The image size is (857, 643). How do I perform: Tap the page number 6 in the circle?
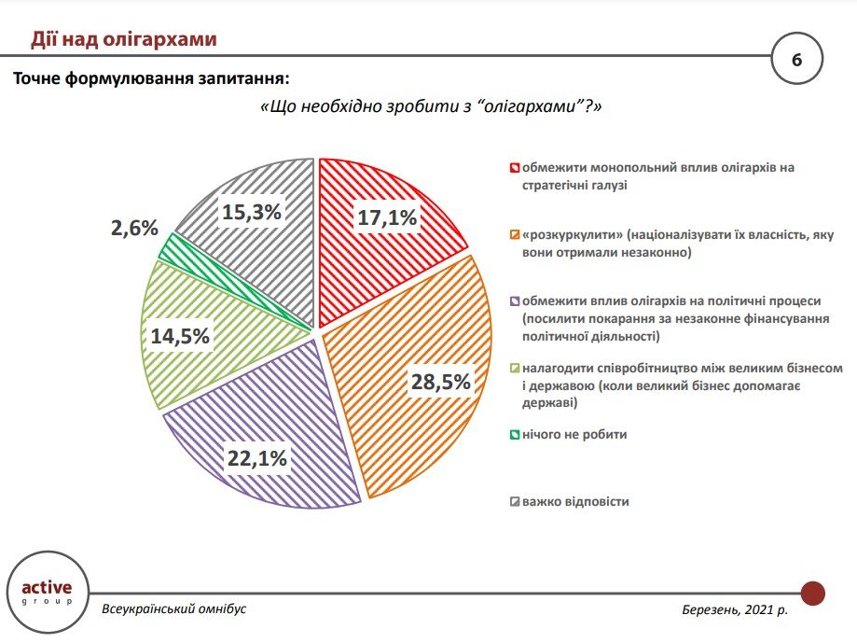[x=796, y=60]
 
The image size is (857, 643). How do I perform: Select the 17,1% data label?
[x=386, y=218]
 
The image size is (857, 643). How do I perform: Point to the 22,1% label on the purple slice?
[x=256, y=457]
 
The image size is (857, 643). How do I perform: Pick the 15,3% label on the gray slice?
[x=252, y=212]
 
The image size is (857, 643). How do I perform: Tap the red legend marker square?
[x=514, y=169]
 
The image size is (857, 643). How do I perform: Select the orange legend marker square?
[x=514, y=235]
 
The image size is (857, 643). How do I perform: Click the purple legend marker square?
[x=514, y=302]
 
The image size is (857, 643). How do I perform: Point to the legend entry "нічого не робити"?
[x=574, y=435]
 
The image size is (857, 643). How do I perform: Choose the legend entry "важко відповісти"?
[x=575, y=501]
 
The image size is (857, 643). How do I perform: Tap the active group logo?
[x=46, y=593]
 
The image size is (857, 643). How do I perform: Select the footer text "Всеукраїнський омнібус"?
[x=173, y=609]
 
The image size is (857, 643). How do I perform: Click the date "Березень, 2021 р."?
[x=735, y=609]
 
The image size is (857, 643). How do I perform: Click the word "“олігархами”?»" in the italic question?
[x=539, y=106]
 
